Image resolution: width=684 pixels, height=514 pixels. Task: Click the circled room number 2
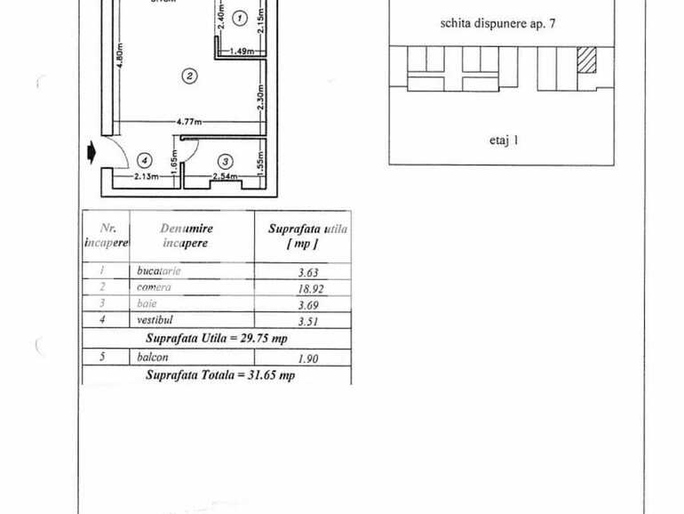(x=188, y=75)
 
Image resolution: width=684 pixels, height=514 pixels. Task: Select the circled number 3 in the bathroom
(x=226, y=161)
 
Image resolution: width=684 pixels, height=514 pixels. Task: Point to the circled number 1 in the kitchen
(x=239, y=18)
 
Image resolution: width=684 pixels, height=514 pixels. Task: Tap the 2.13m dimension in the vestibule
(x=146, y=177)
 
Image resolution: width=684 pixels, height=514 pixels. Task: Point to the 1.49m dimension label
(x=242, y=52)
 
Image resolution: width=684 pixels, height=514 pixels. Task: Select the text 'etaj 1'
(x=503, y=140)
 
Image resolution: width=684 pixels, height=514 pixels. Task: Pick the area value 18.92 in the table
(x=307, y=288)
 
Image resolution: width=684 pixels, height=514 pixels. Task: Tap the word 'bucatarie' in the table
(x=160, y=270)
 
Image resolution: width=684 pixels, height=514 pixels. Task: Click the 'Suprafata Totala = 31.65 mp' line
(x=220, y=375)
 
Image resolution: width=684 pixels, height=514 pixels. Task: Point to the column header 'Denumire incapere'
(x=187, y=236)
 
